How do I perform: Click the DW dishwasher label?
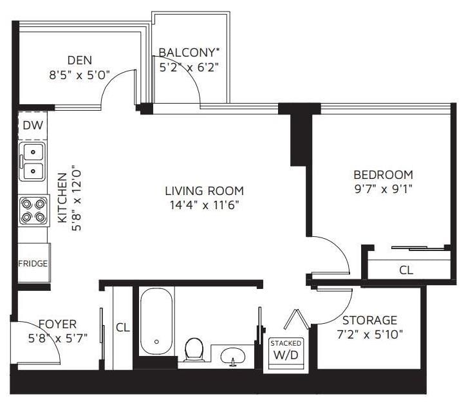33,126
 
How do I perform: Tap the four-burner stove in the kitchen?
33,210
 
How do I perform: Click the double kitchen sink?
32,162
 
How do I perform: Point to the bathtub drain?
156,342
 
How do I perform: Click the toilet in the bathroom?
194,350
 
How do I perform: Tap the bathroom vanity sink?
233,356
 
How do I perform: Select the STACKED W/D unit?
286,353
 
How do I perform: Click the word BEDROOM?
384,174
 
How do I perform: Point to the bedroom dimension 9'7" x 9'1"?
384,189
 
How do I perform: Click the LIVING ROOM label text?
205,191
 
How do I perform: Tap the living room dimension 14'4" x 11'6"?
205,205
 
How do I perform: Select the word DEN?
80,61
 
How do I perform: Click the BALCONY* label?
189,52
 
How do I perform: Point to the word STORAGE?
369,321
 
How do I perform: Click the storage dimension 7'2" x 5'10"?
369,335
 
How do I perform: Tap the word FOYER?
58,324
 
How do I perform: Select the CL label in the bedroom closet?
406,270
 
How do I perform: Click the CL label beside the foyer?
123,328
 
